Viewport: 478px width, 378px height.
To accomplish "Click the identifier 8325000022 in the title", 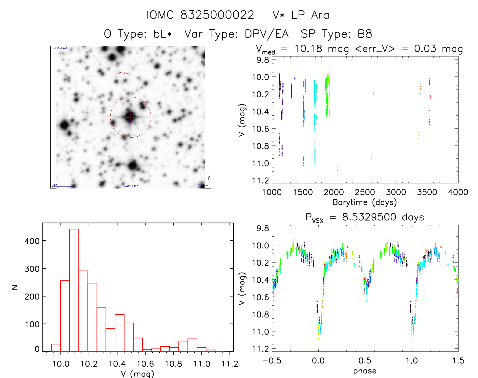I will pos(217,15).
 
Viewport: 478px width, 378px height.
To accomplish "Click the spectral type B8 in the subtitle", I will pos(365,34).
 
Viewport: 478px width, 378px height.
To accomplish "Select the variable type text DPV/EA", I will pos(267,34).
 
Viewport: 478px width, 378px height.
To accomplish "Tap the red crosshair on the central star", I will pos(130,117).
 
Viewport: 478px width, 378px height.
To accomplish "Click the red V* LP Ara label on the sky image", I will pos(124,73).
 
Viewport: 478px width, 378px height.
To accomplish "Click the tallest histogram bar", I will pos(74,290).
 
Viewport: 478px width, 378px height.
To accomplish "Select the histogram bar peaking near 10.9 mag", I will pos(192,345).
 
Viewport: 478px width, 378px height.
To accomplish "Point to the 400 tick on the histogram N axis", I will pos(32,241).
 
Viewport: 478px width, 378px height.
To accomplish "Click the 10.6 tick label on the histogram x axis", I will pos(145,364).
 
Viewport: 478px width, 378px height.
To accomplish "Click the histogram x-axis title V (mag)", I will pos(137,373).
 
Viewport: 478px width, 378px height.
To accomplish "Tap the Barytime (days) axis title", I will pos(365,202).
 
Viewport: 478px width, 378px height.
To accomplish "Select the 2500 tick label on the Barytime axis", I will pos(365,192).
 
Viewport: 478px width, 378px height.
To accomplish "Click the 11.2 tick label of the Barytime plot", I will pos(260,180).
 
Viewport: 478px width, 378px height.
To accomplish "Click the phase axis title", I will pos(365,371).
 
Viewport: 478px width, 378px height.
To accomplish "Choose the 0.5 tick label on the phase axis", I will pos(365,361).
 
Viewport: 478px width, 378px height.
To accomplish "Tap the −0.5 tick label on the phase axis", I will pos(272,361).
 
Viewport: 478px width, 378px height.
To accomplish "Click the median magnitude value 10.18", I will pos(308,49).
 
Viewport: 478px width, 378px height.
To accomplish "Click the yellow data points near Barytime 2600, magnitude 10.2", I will pos(373,94).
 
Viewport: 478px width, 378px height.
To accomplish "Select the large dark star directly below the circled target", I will pos(133,166).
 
